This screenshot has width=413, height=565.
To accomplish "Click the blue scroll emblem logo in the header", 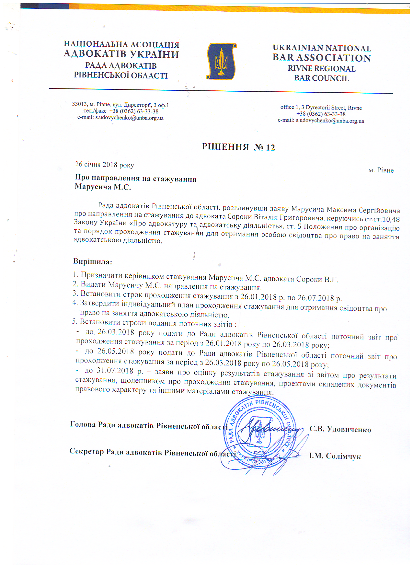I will coord(221,62).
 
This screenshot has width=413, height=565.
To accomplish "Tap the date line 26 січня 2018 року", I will coord(104,165).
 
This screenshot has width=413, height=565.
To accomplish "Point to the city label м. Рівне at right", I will coord(381,170).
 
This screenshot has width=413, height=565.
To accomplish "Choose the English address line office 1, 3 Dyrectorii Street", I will coord(321,108).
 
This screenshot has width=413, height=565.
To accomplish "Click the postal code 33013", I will coord(79,104).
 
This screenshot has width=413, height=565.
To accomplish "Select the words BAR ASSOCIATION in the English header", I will coord(322,58).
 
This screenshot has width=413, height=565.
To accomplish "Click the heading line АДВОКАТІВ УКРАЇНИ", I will coord(121,54).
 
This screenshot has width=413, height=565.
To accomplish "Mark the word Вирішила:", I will coord(93,261).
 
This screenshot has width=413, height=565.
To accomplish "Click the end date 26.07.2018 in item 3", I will coord(316,298).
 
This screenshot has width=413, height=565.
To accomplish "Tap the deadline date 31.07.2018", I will coord(115,371).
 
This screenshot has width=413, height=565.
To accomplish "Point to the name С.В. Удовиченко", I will coord(340,430).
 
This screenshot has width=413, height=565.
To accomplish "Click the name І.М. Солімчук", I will coord(335,456).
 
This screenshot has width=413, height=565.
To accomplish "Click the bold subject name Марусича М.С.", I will coord(103,187).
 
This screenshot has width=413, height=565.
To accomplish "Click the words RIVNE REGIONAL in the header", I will coord(321,69).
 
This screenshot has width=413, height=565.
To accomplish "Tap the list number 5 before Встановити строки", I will coord(74,322).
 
